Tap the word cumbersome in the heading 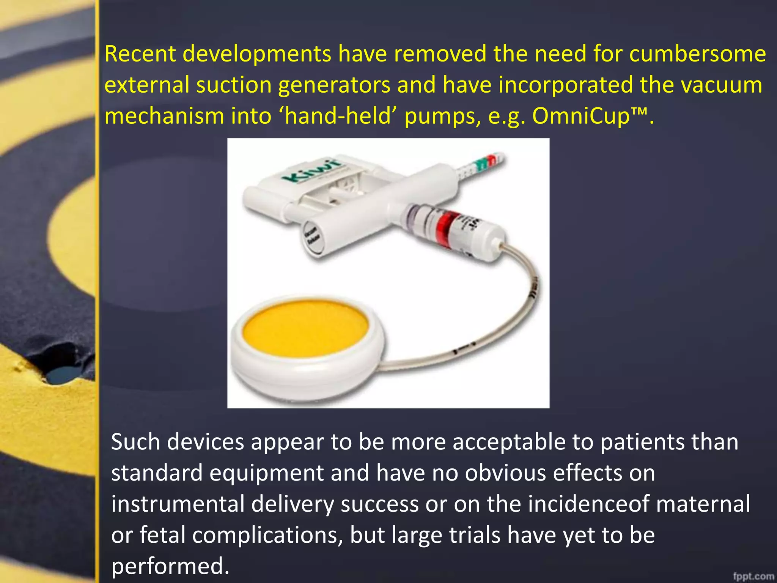coord(697,54)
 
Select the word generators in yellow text coord(334,85)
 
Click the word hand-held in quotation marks coord(338,116)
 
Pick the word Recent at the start coord(140,54)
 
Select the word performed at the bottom coord(170,566)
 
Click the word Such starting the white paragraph coord(135,442)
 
